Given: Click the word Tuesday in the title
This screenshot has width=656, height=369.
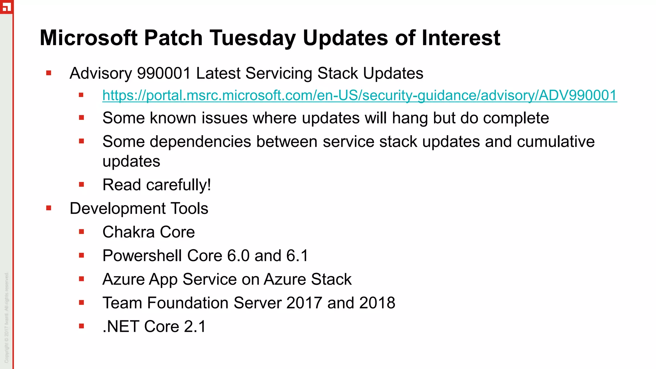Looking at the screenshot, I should tap(253, 38).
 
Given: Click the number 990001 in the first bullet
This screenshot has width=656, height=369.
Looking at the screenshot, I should tap(164, 73).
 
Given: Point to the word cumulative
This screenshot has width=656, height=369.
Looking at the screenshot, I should tap(555, 142).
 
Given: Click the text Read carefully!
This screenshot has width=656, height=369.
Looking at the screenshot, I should tap(157, 185).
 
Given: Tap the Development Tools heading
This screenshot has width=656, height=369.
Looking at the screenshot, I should tap(139, 209).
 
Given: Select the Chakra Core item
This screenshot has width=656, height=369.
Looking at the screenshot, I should tap(149, 232).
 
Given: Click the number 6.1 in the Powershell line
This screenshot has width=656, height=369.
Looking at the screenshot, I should tap(297, 256).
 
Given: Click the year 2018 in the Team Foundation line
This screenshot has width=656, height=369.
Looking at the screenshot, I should tap(377, 303).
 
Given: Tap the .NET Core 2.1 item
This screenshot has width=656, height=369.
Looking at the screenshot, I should tap(154, 327).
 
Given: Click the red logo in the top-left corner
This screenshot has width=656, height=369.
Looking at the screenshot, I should tap(6, 6).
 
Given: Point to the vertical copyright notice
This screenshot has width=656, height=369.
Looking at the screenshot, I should tap(7, 317).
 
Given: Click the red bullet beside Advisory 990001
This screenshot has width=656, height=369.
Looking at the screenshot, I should tap(49, 73).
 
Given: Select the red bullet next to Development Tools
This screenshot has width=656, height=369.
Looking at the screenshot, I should tap(49, 209).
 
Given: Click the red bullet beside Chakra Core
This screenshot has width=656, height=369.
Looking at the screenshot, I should tap(81, 232).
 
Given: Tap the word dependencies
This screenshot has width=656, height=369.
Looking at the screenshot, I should tap(200, 142).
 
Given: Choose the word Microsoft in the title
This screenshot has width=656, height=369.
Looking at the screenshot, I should tap(89, 38).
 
